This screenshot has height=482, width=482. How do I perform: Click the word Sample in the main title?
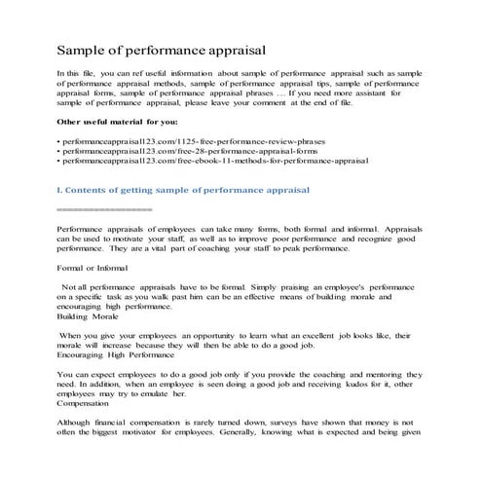click(x=84, y=48)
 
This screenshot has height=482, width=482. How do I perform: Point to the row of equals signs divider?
click(x=105, y=208)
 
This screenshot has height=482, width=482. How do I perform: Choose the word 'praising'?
click(x=255, y=289)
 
